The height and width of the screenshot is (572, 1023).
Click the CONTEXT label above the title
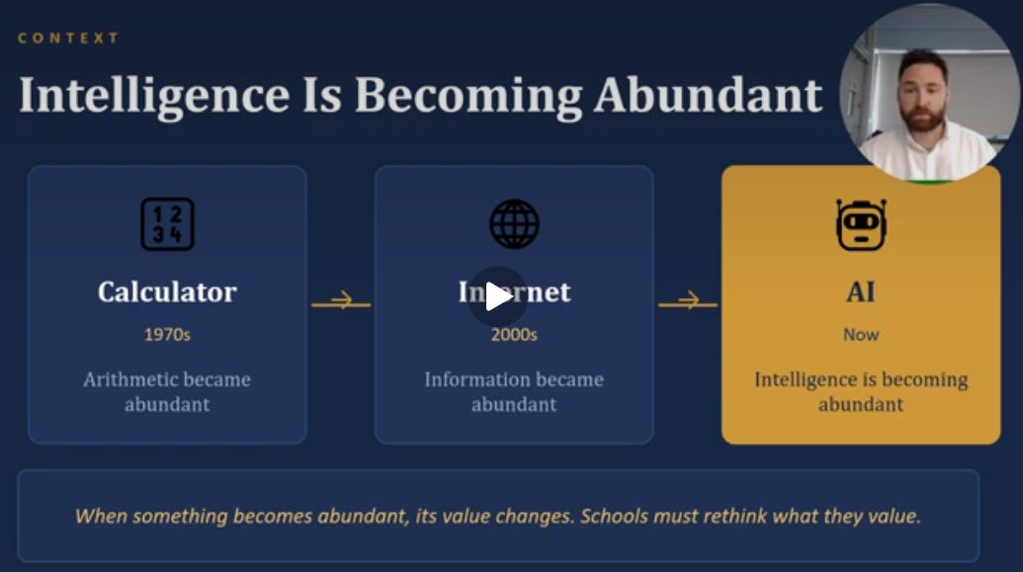tap(68, 38)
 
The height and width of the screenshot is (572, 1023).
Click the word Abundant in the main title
tap(708, 95)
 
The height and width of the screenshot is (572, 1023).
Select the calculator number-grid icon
tap(168, 223)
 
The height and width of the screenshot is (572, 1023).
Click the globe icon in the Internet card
tap(514, 223)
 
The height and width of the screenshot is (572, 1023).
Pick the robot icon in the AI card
tap(861, 225)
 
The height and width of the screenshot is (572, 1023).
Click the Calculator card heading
tap(167, 291)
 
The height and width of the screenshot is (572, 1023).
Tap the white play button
tap(498, 296)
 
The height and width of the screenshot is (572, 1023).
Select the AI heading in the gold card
tap(861, 291)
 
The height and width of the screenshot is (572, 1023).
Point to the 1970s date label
tap(167, 335)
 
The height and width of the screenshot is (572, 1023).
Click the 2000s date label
tap(514, 335)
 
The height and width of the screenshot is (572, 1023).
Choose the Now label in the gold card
tap(861, 335)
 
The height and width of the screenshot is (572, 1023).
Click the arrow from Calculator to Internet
tap(341, 301)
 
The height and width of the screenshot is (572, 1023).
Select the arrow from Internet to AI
tap(688, 301)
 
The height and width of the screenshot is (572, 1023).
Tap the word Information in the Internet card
tap(469, 379)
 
